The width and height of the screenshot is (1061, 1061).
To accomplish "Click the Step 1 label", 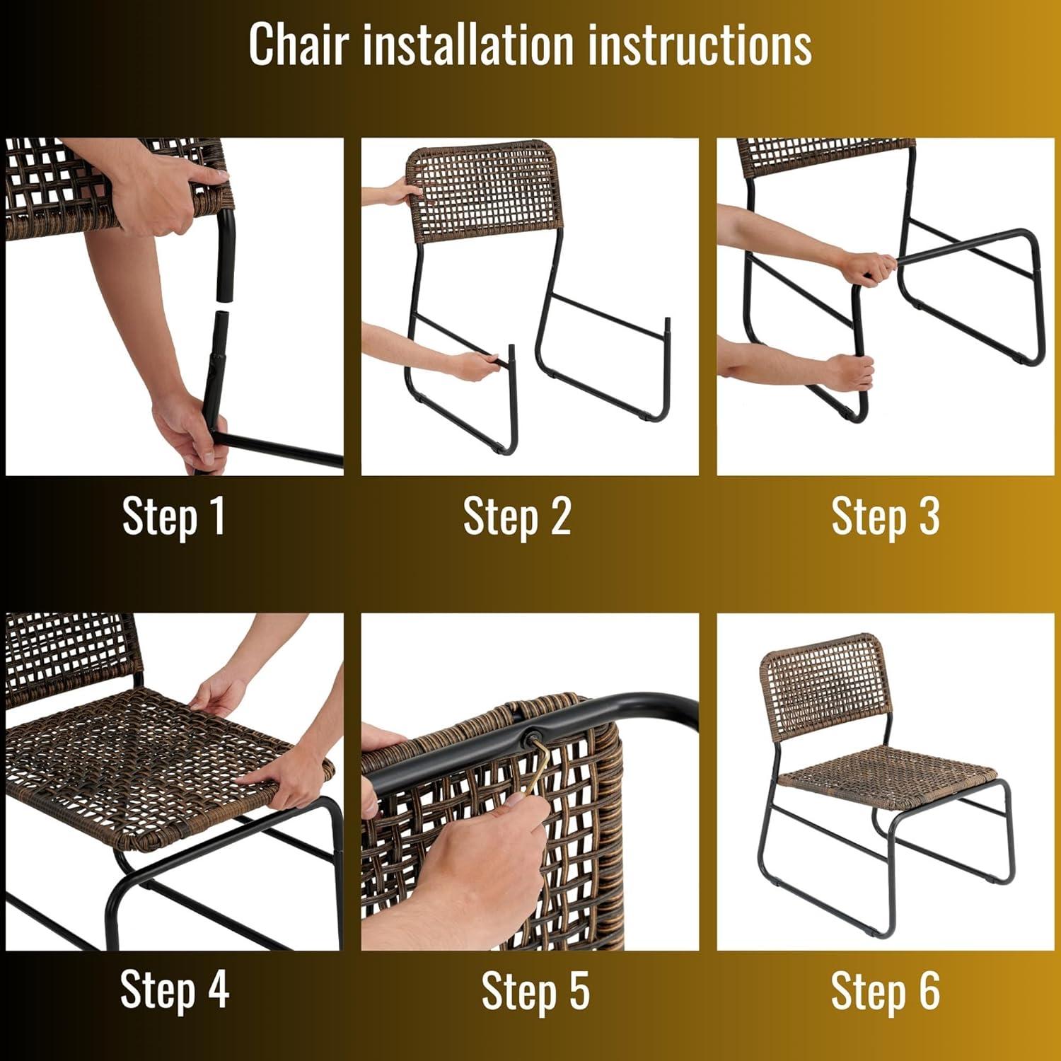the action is point(174,516).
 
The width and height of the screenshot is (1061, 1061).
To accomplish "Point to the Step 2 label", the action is point(517,516).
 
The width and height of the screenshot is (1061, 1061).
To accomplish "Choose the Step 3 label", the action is point(886,516).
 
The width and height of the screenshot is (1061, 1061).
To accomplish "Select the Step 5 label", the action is point(535,990).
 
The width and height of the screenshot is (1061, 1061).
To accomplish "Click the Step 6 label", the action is point(886,990).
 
